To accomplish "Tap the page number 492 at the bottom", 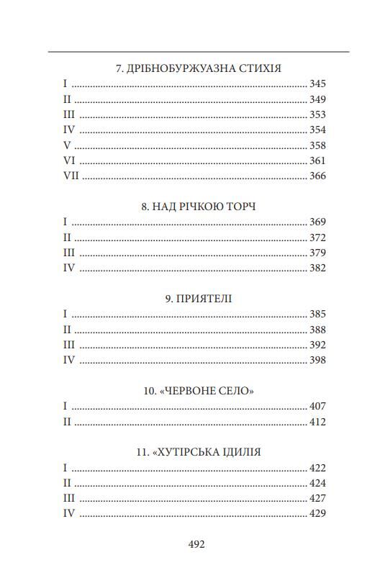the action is coord(196,545).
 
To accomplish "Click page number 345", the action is coord(317,84).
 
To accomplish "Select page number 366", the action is coord(317,176).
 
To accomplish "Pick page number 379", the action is coord(317,253).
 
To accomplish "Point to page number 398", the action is coord(317,360).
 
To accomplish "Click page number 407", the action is coord(317,406).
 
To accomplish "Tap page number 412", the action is coord(317,422).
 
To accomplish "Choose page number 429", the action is coord(317,513).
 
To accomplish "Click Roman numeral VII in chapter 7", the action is coord(71,176).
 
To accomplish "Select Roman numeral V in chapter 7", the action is coord(67,145).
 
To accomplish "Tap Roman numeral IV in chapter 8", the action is coord(69,268).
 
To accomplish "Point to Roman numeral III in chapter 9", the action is coord(69,345).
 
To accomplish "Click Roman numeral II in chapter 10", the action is coord(67,422).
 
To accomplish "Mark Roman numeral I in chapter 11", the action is coord(65,467).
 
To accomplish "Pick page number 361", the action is coord(317,161).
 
